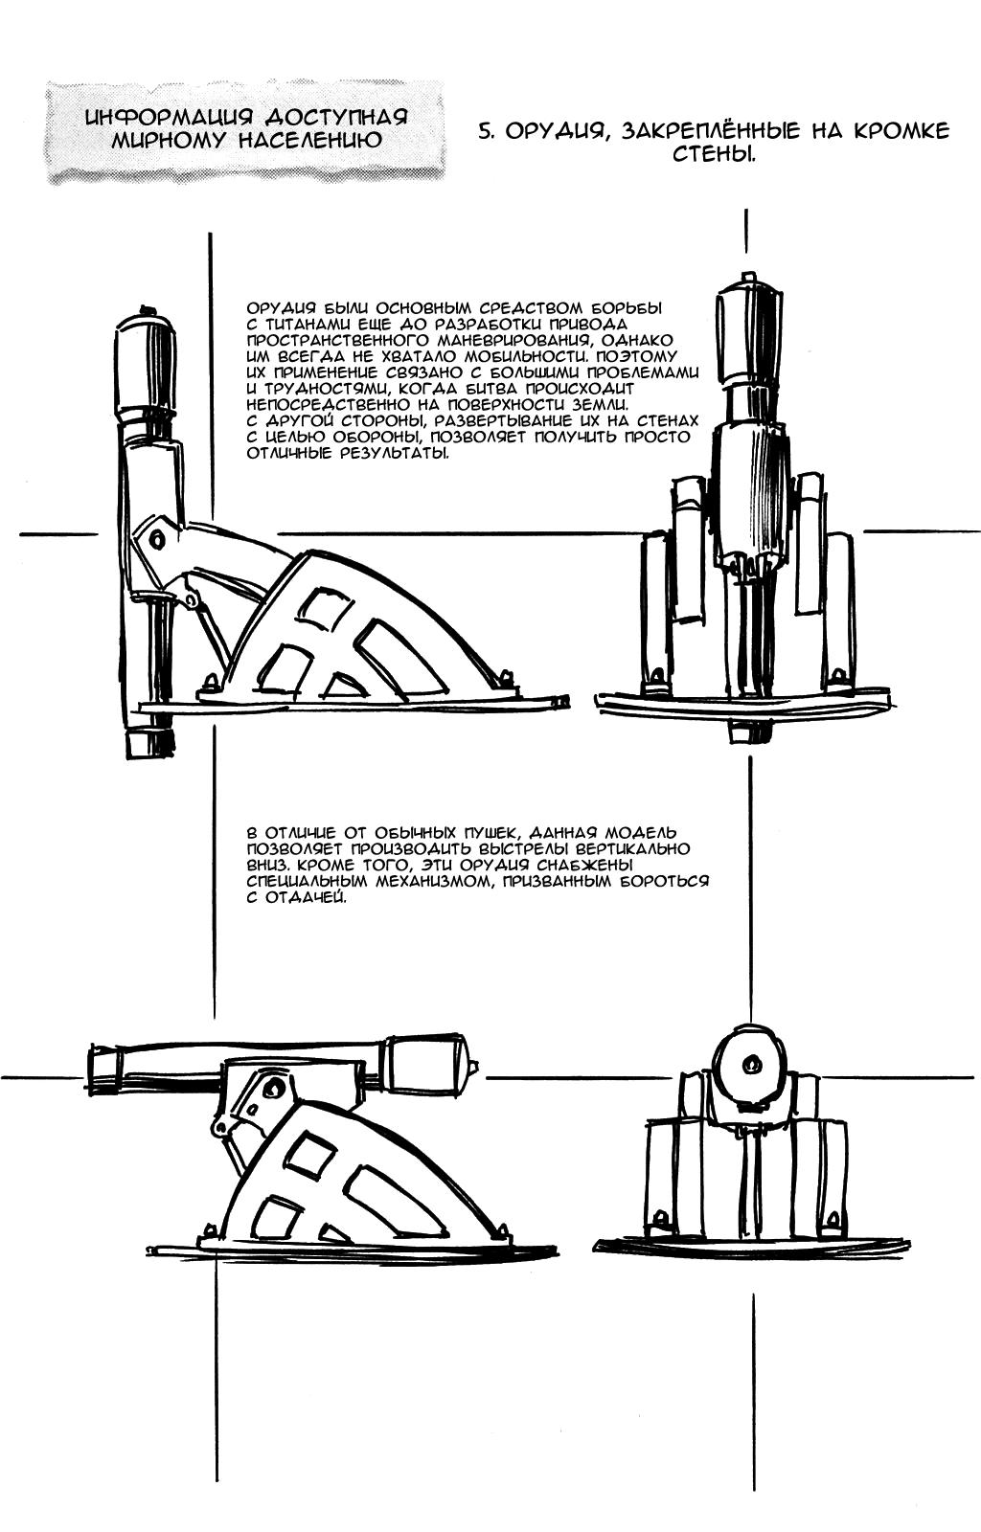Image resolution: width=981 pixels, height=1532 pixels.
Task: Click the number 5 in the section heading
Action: [x=485, y=131]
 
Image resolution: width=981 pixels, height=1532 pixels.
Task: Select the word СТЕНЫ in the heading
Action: [x=714, y=154]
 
